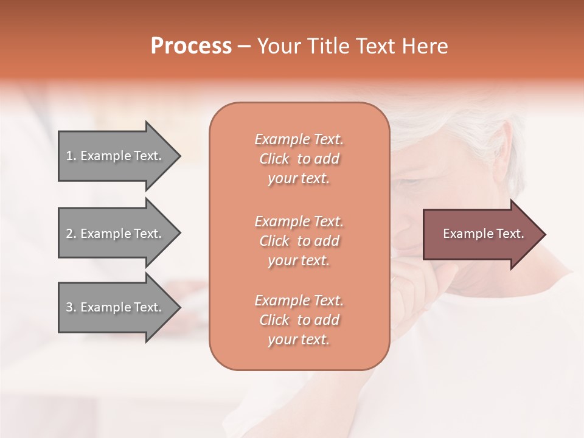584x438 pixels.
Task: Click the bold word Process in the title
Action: [x=191, y=46]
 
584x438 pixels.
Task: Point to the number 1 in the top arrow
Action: [x=69, y=156]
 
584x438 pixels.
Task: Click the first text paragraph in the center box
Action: [x=299, y=159]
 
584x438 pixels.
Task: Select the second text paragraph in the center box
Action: [x=299, y=241]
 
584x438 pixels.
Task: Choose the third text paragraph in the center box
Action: [x=299, y=320]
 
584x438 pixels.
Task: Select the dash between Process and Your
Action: [x=245, y=47]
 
